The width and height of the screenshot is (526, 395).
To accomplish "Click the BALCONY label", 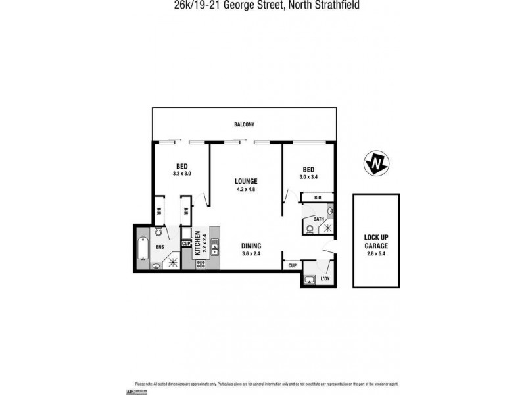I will (x=243, y=124).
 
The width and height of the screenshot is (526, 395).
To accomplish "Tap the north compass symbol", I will (x=376, y=163).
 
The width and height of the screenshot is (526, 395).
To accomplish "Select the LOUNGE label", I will (x=246, y=181).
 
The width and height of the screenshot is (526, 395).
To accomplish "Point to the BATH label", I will (x=318, y=219).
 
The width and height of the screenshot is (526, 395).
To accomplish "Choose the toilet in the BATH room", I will (x=310, y=228).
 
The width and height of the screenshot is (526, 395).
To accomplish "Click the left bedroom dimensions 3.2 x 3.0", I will (x=182, y=174).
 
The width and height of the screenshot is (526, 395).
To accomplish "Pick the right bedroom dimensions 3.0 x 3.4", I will (x=308, y=176).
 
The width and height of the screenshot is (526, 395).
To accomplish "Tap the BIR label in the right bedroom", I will (x=317, y=197).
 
